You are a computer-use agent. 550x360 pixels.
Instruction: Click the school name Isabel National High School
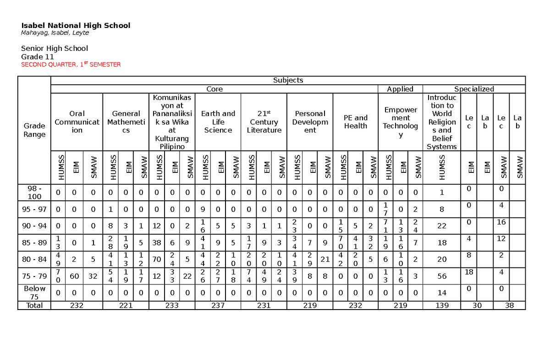point(76,26)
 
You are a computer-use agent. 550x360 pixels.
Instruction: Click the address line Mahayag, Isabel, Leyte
point(55,33)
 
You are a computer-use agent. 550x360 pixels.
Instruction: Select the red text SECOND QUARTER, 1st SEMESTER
point(71,65)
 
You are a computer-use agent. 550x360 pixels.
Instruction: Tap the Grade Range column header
point(34,130)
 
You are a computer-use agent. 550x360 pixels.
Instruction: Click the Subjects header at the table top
point(288,80)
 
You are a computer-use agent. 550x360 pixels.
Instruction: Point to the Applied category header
point(400,89)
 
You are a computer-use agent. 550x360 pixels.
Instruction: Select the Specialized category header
point(473,89)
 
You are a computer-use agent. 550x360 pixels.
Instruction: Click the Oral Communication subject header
point(77,122)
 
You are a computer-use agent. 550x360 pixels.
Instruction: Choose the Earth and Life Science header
point(218,122)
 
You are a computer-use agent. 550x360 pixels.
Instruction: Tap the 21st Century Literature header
point(264,122)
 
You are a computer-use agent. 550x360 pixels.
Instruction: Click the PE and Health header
point(355,122)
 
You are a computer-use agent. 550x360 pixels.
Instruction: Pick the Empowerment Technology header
point(400,122)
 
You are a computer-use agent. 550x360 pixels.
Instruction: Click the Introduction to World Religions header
point(441,122)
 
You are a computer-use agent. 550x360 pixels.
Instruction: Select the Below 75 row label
point(34,292)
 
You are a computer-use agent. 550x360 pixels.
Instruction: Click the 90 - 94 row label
point(34,226)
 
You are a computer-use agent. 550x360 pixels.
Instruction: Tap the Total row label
point(34,305)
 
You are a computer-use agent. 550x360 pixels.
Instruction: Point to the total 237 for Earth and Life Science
point(218,305)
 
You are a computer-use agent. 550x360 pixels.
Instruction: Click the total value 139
point(441,305)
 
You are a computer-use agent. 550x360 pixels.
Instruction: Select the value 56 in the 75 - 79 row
point(441,276)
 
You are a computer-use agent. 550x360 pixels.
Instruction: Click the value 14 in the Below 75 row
point(441,292)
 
